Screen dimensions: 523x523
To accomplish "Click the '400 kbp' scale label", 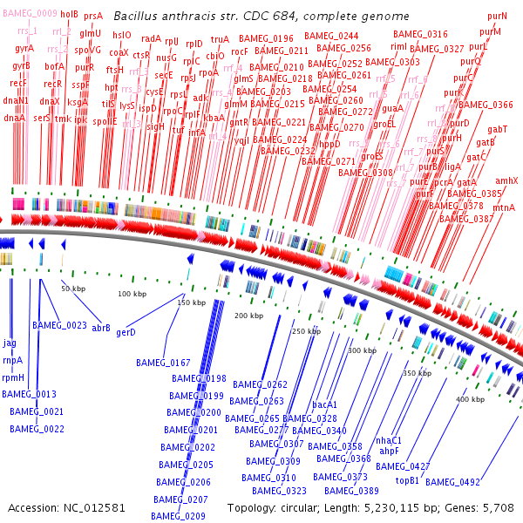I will click(x=469, y=399).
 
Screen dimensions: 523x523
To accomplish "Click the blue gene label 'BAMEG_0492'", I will click(x=452, y=482).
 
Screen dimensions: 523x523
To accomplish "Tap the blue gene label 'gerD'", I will click(x=126, y=332).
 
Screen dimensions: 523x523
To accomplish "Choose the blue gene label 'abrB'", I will click(x=101, y=328).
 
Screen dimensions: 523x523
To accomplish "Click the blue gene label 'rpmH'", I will click(x=13, y=377).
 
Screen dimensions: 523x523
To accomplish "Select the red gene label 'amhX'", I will click(x=506, y=180).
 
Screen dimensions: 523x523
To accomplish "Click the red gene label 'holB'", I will click(x=69, y=15).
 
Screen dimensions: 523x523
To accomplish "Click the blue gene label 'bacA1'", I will click(x=324, y=404).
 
